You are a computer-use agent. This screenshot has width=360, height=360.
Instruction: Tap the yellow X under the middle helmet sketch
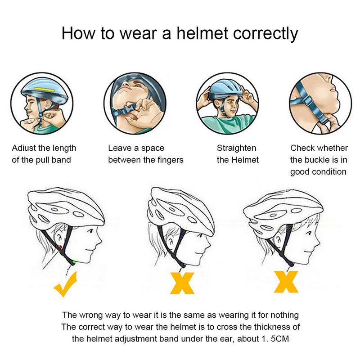[x=182, y=283]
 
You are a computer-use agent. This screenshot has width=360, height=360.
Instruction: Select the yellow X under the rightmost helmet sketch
[x=286, y=282]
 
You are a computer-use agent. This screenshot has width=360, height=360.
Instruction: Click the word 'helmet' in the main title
[x=202, y=33]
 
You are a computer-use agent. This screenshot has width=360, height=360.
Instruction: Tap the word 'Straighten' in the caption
[x=237, y=148]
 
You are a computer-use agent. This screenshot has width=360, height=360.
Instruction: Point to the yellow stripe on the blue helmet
[x=44, y=89]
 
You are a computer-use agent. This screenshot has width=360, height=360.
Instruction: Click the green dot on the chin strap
[x=74, y=261]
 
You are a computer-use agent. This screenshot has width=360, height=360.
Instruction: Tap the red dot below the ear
[x=60, y=247]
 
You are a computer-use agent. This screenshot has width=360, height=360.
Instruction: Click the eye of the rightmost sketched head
[x=309, y=233]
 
